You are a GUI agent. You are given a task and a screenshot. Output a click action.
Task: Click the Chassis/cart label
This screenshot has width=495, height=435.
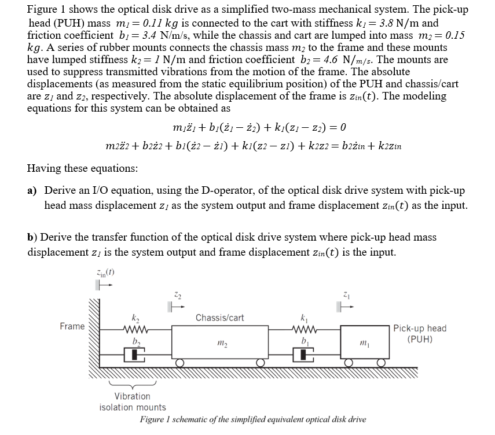[219, 318]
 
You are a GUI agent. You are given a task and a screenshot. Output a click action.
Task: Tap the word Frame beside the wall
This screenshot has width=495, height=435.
[72, 326]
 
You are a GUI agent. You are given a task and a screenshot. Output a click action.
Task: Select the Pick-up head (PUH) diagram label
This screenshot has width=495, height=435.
[420, 333]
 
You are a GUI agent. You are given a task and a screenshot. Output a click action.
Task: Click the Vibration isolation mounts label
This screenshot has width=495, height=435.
[133, 401]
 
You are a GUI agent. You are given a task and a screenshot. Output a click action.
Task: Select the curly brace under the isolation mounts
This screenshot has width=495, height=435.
[133, 383]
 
